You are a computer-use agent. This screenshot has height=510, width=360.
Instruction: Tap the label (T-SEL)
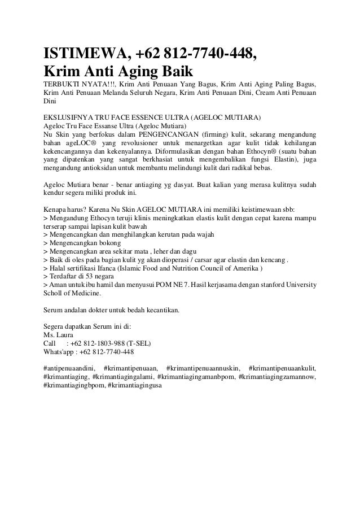[139, 343]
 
